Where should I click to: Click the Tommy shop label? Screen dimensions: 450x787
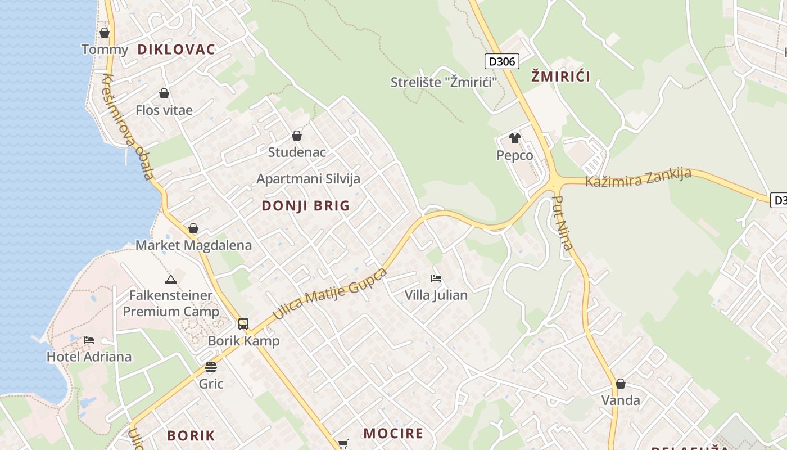pos(105,49)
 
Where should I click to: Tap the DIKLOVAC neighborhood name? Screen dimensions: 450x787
pos(176,49)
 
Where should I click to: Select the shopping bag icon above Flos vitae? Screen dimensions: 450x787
pos(164,93)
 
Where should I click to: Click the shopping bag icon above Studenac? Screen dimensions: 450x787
pos(297,136)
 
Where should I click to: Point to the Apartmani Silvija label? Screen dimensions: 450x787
pos(308,179)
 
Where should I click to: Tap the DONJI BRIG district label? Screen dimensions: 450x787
pos(306,206)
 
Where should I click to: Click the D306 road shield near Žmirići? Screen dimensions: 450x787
pos(501,61)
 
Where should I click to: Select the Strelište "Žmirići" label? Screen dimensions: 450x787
pos(444,82)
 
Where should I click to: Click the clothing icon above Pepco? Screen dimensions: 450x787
pos(514,138)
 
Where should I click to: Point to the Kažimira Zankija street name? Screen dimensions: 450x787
pos(638,178)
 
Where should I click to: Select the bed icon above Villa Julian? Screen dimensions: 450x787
pos(436,278)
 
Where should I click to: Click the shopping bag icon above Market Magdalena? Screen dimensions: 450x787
pos(193,228)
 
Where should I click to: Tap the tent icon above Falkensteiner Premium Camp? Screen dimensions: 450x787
pos(171,278)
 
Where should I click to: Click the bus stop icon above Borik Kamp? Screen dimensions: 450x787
pos(243,323)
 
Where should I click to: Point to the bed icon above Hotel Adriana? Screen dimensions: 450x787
pos(89,340)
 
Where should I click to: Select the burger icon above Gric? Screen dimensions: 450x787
pos(211,367)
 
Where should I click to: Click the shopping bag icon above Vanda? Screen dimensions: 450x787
pos(621,384)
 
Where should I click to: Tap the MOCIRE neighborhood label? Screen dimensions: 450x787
pos(393,434)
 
